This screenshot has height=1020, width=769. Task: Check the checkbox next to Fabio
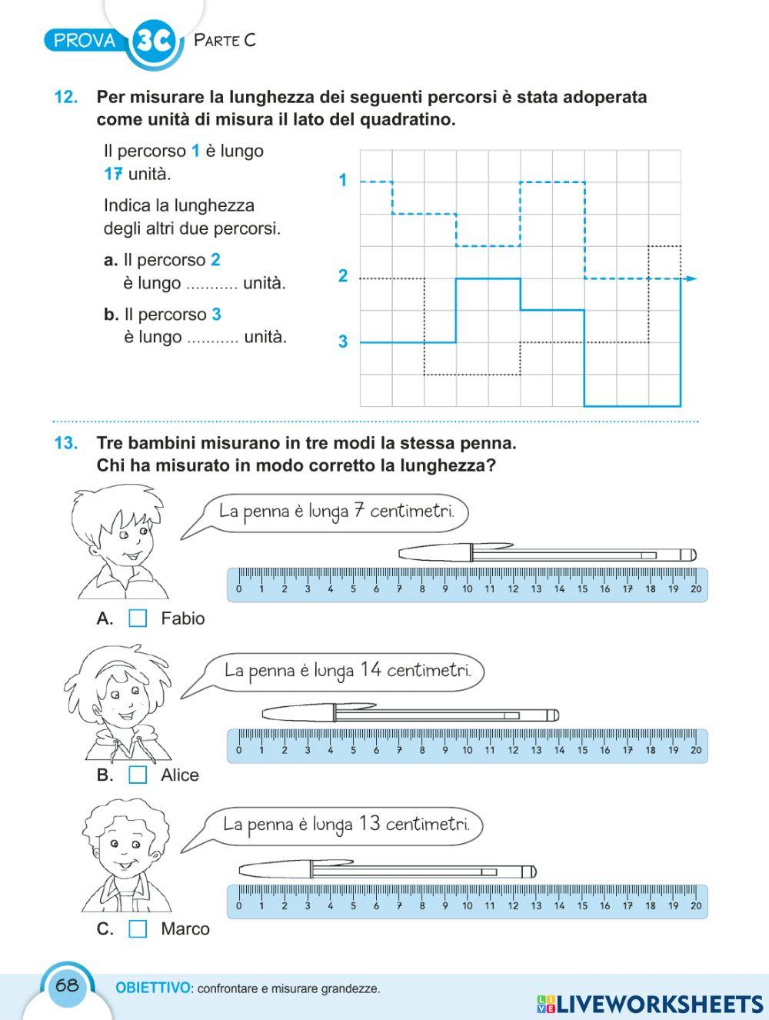pos(138,618)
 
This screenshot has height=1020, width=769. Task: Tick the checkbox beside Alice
pos(138,775)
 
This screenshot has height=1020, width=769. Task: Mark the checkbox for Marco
pos(138,929)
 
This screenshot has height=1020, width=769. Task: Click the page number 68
pos(67,985)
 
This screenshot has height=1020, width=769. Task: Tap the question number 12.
pos(65,98)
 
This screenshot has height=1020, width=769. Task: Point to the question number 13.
pos(65,443)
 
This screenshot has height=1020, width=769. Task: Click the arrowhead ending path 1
pos(692,278)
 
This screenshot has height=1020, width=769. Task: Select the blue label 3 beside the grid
pos(343,342)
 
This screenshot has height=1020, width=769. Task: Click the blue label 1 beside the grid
pos(343,181)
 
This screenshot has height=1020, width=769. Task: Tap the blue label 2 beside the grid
pos(343,276)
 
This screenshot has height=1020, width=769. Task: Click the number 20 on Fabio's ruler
pos(696,589)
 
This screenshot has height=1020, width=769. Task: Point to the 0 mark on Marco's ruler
pos(238,906)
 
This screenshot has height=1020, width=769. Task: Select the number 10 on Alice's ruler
pos(468,750)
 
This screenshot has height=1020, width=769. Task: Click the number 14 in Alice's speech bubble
pos(371,669)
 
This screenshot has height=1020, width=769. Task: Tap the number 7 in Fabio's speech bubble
pos(358,510)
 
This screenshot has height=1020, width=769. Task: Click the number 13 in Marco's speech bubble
pos(369,824)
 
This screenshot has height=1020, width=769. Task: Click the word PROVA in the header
pos(85,41)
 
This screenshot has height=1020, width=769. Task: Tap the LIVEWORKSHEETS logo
pos(650,1003)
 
